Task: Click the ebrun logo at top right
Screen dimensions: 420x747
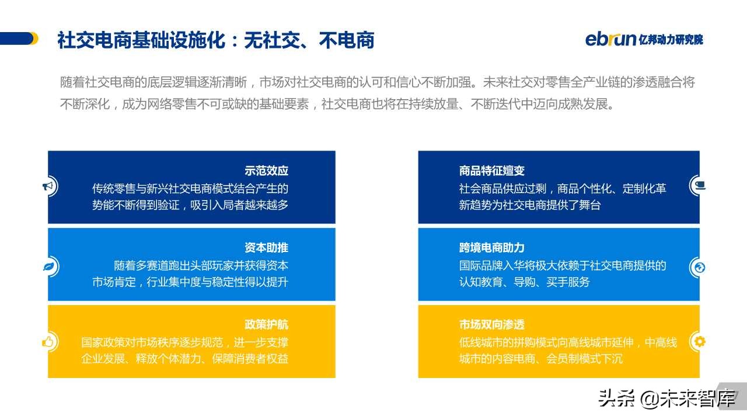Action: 610,39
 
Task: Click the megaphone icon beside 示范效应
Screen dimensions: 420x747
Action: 48,187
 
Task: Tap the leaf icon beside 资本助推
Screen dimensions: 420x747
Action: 48,267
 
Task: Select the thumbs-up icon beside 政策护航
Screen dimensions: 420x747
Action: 48,342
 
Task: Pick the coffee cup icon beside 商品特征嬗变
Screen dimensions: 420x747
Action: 699,185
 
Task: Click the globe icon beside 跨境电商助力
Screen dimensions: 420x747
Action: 699,267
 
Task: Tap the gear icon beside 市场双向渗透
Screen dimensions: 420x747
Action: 699,342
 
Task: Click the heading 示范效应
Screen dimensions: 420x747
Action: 266,171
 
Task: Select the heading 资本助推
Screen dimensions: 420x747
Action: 266,247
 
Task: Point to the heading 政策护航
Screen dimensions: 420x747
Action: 266,324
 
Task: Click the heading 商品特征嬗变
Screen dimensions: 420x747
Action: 492,171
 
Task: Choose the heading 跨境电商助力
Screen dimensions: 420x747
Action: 492,247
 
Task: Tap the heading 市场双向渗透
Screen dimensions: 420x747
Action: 492,324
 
